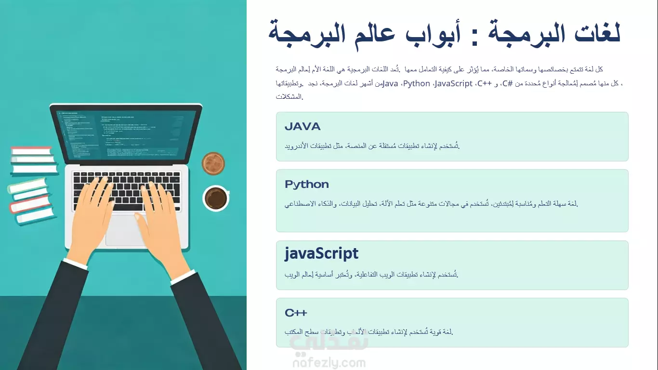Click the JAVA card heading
[x=303, y=126]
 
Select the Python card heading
[x=307, y=185]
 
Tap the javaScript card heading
[x=321, y=253]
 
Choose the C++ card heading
[x=296, y=313]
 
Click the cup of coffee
[x=216, y=198]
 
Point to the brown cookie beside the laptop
[x=213, y=163]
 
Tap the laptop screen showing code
[x=126, y=134]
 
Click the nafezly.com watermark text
[x=329, y=363]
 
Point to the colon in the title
[x=474, y=38]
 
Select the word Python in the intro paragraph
[x=417, y=84]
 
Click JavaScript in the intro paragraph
[x=454, y=84]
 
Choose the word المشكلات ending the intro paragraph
[x=290, y=96]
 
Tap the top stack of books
[x=34, y=160]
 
